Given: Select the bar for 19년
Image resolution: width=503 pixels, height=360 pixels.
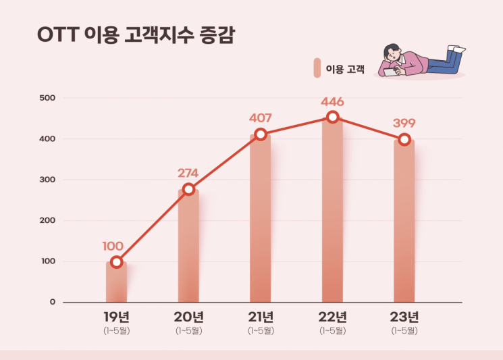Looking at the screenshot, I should (116, 282).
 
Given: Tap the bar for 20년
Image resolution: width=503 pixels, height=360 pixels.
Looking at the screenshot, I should (188, 247).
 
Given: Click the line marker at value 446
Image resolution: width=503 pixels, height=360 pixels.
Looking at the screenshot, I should (332, 117).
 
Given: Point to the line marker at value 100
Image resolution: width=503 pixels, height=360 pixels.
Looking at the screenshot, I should (116, 262).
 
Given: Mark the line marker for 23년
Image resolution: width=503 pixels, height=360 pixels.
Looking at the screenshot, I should (404, 139).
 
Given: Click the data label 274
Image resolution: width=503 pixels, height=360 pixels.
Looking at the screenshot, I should (188, 172).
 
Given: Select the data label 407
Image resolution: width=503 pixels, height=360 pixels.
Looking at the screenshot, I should (261, 118).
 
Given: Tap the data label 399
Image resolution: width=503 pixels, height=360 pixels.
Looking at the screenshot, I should (404, 123).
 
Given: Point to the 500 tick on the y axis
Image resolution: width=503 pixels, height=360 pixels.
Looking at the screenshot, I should (47, 99).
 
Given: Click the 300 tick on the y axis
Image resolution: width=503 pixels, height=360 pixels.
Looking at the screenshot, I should (47, 180).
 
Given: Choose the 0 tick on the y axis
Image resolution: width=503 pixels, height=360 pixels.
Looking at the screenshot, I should (52, 302).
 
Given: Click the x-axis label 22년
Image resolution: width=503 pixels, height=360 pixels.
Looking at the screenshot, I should (332, 317).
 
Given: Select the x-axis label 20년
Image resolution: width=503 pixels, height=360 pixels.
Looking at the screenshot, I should (188, 317).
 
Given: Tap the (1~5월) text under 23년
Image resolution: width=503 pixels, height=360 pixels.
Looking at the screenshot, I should (404, 330).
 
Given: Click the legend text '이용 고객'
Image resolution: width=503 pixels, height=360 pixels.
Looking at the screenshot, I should (345, 69).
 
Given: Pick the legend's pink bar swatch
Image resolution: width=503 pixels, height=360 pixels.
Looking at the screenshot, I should (317, 68).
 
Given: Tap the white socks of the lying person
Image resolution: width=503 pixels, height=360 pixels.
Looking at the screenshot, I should (457, 49).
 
